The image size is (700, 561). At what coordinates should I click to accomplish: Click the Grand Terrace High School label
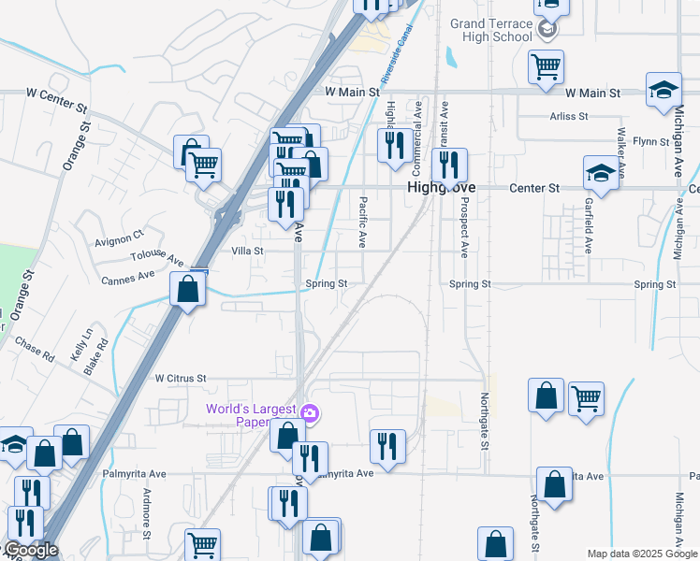(490, 30)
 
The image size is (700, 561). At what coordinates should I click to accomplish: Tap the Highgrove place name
(442, 188)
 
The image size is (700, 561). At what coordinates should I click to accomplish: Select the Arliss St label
(569, 117)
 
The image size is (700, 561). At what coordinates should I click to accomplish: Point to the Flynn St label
(647, 141)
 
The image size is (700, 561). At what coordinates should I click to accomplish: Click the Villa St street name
(247, 252)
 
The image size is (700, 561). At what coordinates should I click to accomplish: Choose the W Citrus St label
(180, 378)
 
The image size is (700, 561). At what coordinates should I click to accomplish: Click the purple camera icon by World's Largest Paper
(311, 411)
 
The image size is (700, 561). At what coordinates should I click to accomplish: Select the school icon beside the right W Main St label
(664, 90)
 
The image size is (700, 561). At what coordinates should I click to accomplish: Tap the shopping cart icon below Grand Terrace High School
(544, 66)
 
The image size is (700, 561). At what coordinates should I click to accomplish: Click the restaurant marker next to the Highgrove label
(450, 166)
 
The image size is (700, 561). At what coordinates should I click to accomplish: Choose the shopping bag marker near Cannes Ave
(188, 289)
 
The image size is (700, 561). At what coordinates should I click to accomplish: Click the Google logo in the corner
(30, 551)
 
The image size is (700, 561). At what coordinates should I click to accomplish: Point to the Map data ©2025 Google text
(642, 554)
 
